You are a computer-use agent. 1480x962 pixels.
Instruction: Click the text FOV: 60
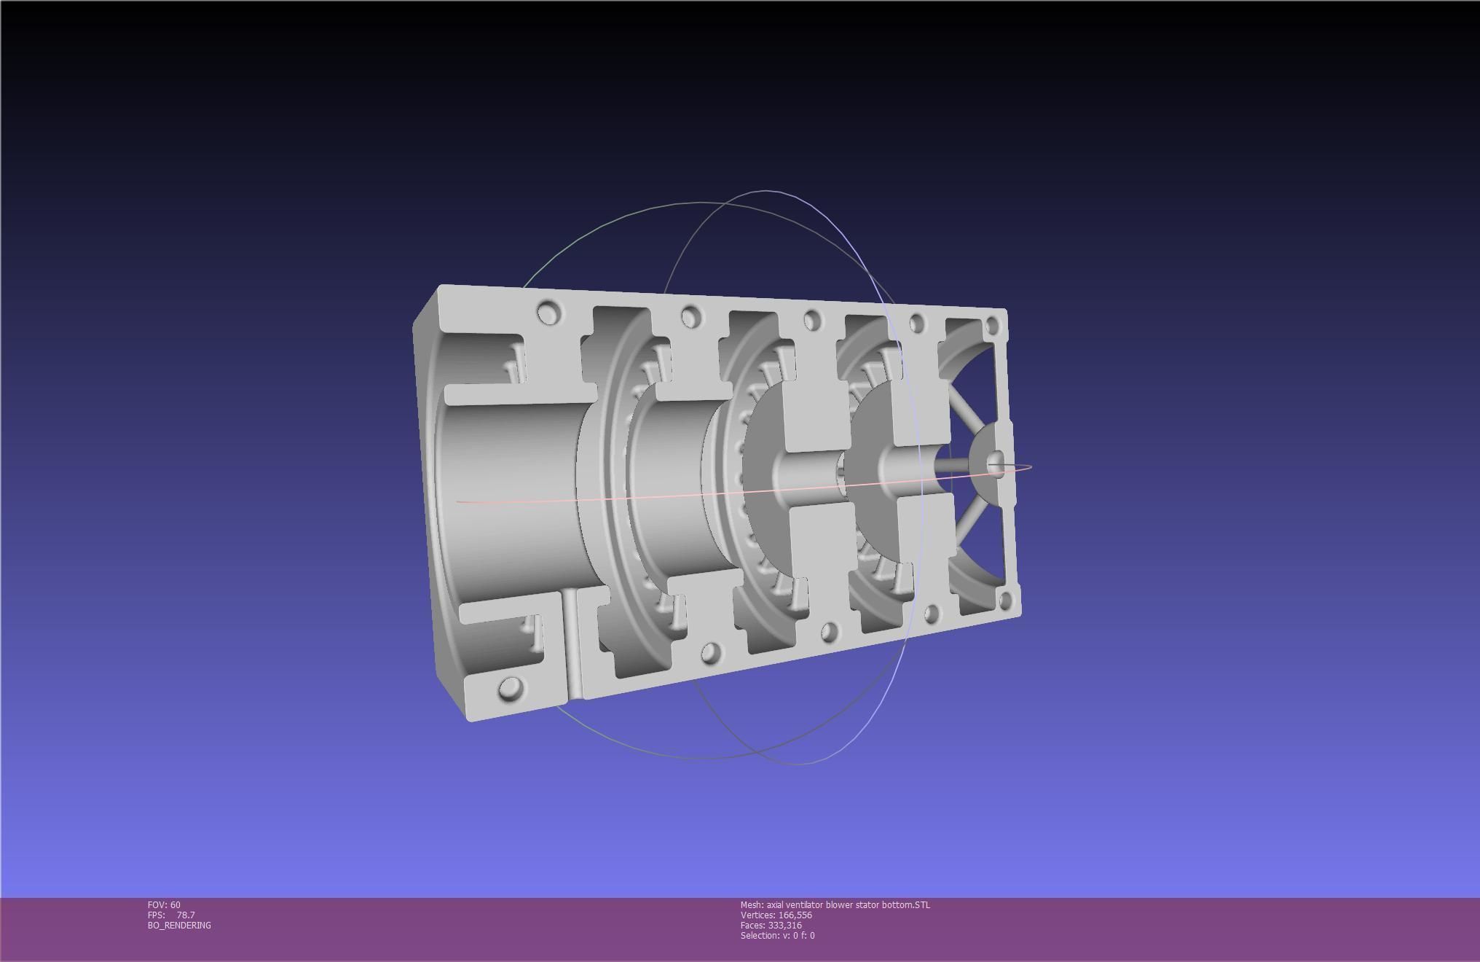pyautogui.click(x=164, y=904)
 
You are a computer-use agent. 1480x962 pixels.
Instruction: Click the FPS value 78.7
pyautogui.click(x=186, y=915)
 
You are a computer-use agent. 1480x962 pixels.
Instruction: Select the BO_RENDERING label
pyautogui.click(x=179, y=925)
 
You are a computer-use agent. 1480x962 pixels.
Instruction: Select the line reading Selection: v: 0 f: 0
pyautogui.click(x=777, y=935)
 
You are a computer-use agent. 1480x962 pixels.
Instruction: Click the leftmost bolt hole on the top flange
pyautogui.click(x=549, y=313)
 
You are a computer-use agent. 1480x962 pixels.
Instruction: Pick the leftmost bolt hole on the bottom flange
pyautogui.click(x=511, y=688)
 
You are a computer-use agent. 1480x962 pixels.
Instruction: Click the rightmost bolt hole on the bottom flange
pyautogui.click(x=1006, y=601)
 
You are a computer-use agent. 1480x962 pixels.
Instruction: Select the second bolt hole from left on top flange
pyautogui.click(x=690, y=317)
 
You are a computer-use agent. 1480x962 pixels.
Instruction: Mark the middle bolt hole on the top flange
pyautogui.click(x=811, y=320)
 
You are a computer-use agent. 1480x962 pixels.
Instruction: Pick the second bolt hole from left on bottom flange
pyautogui.click(x=711, y=652)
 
